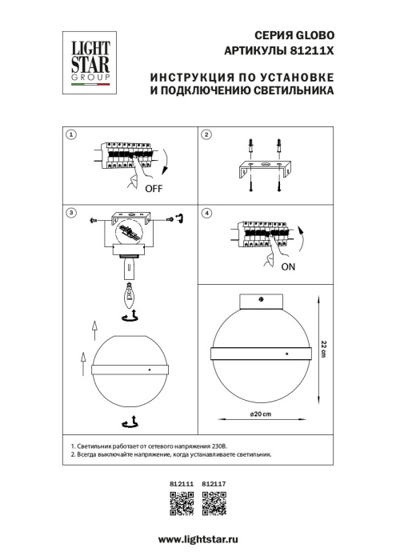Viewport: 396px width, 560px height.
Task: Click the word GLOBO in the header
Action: click(x=310, y=36)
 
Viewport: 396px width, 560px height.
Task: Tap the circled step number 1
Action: click(x=71, y=135)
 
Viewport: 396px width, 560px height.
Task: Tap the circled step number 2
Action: click(x=206, y=135)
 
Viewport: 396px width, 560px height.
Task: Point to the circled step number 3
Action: click(x=71, y=214)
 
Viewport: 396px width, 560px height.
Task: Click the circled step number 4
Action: click(x=206, y=214)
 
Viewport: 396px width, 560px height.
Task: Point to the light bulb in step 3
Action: click(x=130, y=297)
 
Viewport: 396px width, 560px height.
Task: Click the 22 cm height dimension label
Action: click(x=323, y=350)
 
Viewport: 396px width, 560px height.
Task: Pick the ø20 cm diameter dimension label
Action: click(x=261, y=413)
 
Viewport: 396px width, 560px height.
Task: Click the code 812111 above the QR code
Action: click(x=182, y=483)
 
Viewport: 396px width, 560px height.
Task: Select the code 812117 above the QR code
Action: click(x=212, y=483)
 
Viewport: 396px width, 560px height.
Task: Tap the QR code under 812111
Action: click(x=182, y=502)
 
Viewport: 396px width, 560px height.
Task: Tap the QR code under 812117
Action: click(x=213, y=502)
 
